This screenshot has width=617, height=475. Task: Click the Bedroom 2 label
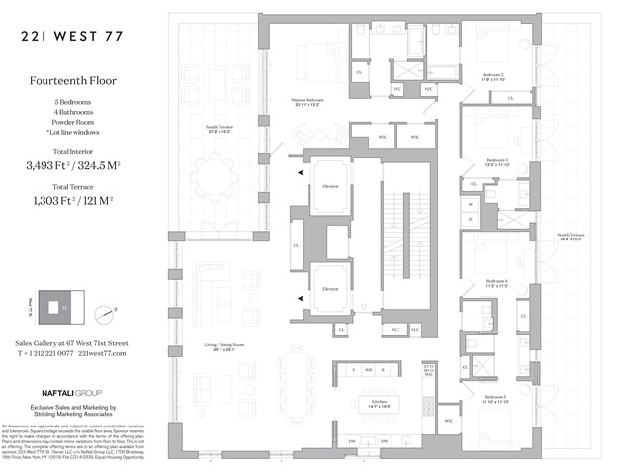coord(494,76)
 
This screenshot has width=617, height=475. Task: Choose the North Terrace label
coord(572,237)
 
